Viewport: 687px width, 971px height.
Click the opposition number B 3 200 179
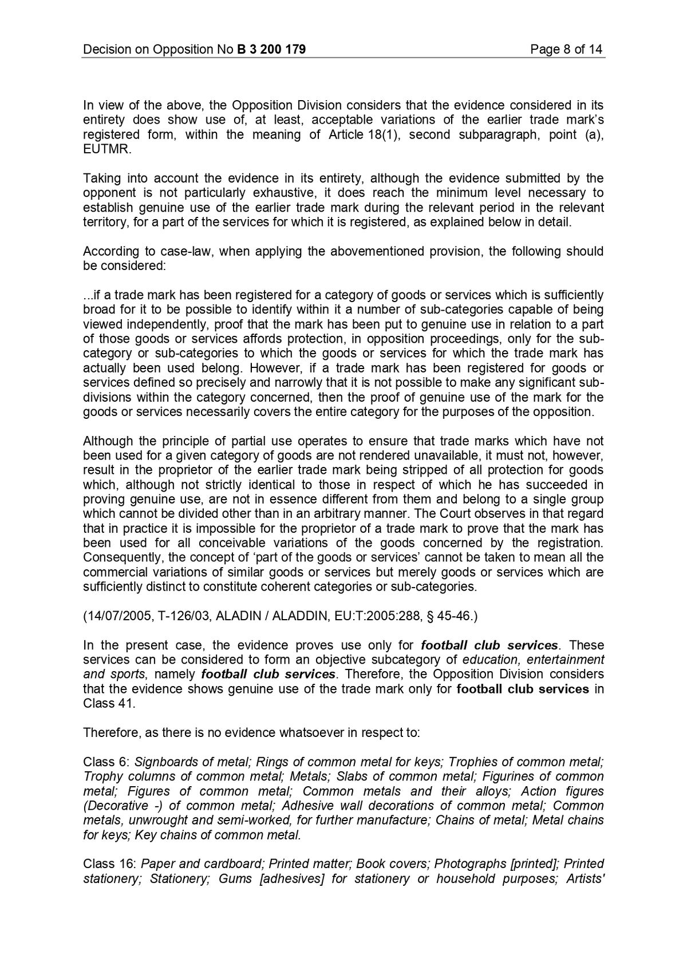coord(271,49)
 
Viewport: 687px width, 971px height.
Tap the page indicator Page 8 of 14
coord(566,49)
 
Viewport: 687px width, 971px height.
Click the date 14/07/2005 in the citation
coord(118,616)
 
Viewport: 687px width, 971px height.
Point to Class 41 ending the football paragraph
coord(109,704)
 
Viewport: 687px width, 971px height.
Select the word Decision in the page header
coord(106,49)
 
